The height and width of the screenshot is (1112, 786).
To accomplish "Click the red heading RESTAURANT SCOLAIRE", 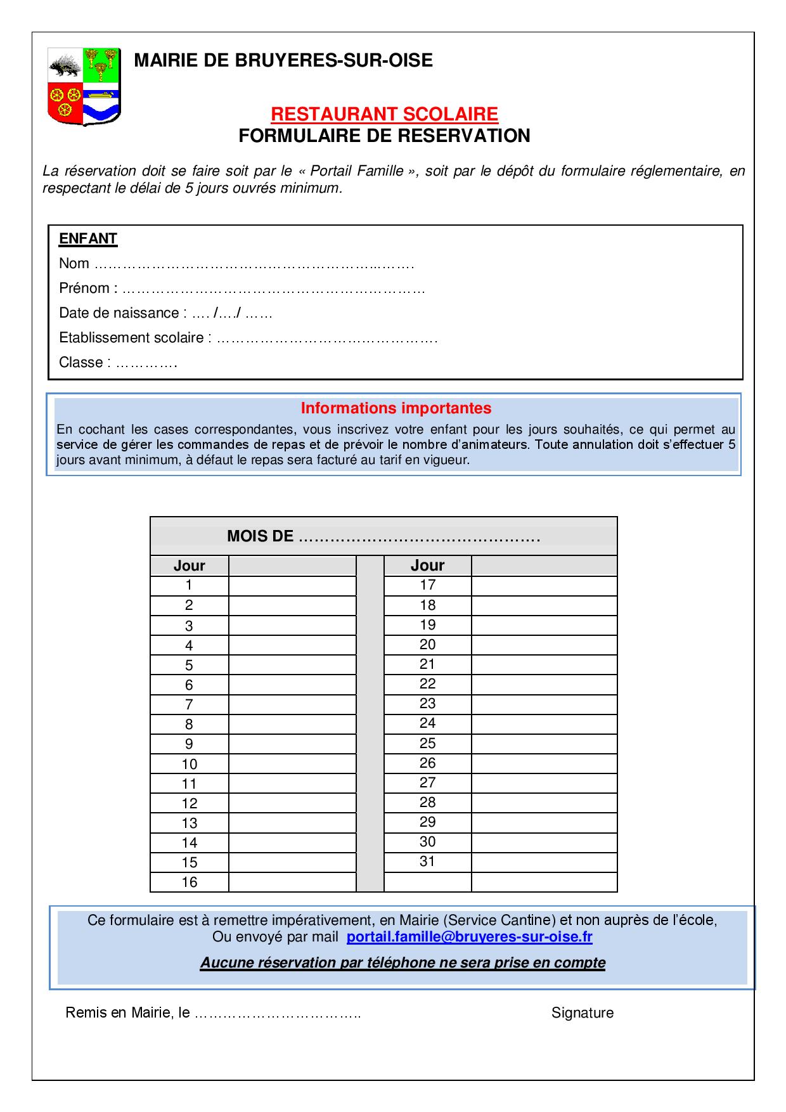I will click(384, 114).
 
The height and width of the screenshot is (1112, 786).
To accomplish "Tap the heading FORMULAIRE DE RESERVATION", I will click(384, 136).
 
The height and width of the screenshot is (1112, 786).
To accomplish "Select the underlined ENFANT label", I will click(88, 239).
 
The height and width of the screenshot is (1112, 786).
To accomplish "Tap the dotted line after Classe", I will click(147, 364).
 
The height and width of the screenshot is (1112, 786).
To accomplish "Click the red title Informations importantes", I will click(396, 408).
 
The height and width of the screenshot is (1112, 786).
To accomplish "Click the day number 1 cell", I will click(189, 585).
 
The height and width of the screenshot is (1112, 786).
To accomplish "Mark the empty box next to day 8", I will click(292, 724).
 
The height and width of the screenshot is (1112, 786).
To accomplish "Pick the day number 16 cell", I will click(189, 882).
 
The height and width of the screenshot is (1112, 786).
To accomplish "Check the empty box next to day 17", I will click(544, 585).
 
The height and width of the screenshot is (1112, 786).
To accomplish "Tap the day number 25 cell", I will click(427, 743).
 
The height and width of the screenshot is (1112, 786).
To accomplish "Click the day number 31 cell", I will click(427, 862).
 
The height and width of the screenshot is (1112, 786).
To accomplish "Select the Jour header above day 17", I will click(427, 566).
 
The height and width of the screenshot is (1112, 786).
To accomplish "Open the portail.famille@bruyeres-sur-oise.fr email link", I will click(469, 937).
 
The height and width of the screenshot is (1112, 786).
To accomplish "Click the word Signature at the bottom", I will click(582, 1013).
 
